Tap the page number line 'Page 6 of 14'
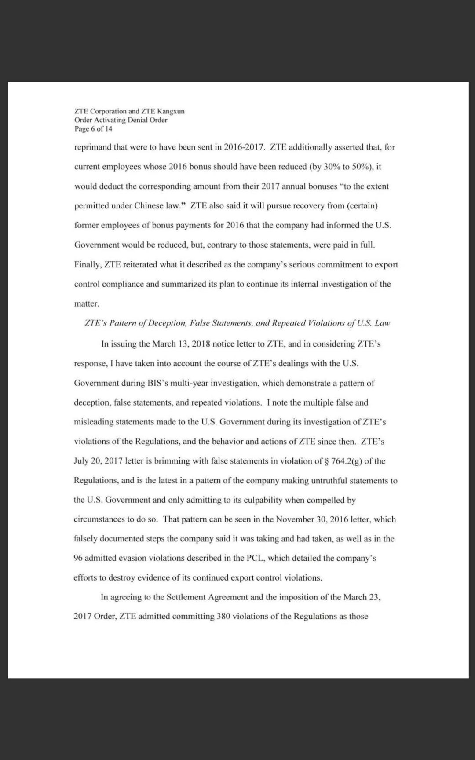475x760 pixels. point(93,129)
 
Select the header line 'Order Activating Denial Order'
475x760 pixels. point(121,120)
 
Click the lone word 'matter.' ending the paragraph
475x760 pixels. point(87,303)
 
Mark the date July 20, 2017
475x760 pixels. point(98,461)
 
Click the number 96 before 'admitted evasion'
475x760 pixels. point(78,558)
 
